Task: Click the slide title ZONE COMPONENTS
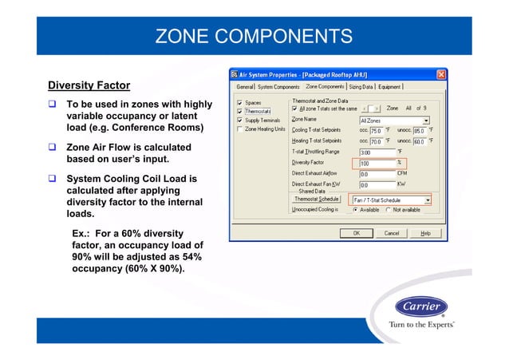pyautogui.click(x=254, y=37)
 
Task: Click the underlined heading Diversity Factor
pyautogui.click(x=89, y=85)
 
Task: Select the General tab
pyautogui.click(x=244, y=86)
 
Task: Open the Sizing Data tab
pyautogui.click(x=361, y=86)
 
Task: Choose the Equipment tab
pyautogui.click(x=390, y=86)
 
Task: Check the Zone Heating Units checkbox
pyautogui.click(x=240, y=129)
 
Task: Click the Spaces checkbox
pyautogui.click(x=240, y=102)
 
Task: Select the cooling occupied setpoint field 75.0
pyautogui.click(x=371, y=130)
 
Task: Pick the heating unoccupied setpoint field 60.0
pyautogui.click(x=417, y=140)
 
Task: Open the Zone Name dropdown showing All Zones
pyautogui.click(x=394, y=120)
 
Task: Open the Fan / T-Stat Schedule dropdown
pyautogui.click(x=391, y=200)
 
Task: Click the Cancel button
pyautogui.click(x=391, y=233)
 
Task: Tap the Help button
pyautogui.click(x=425, y=233)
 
